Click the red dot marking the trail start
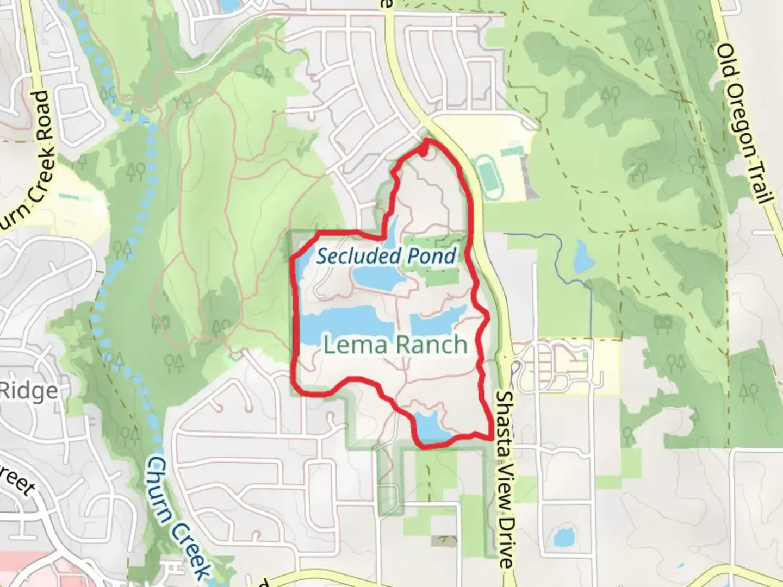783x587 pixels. pos(424,152)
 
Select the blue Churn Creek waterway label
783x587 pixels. pos(179,516)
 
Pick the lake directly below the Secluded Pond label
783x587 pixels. pos(378,278)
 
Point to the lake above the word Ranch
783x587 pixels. pos(435,323)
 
